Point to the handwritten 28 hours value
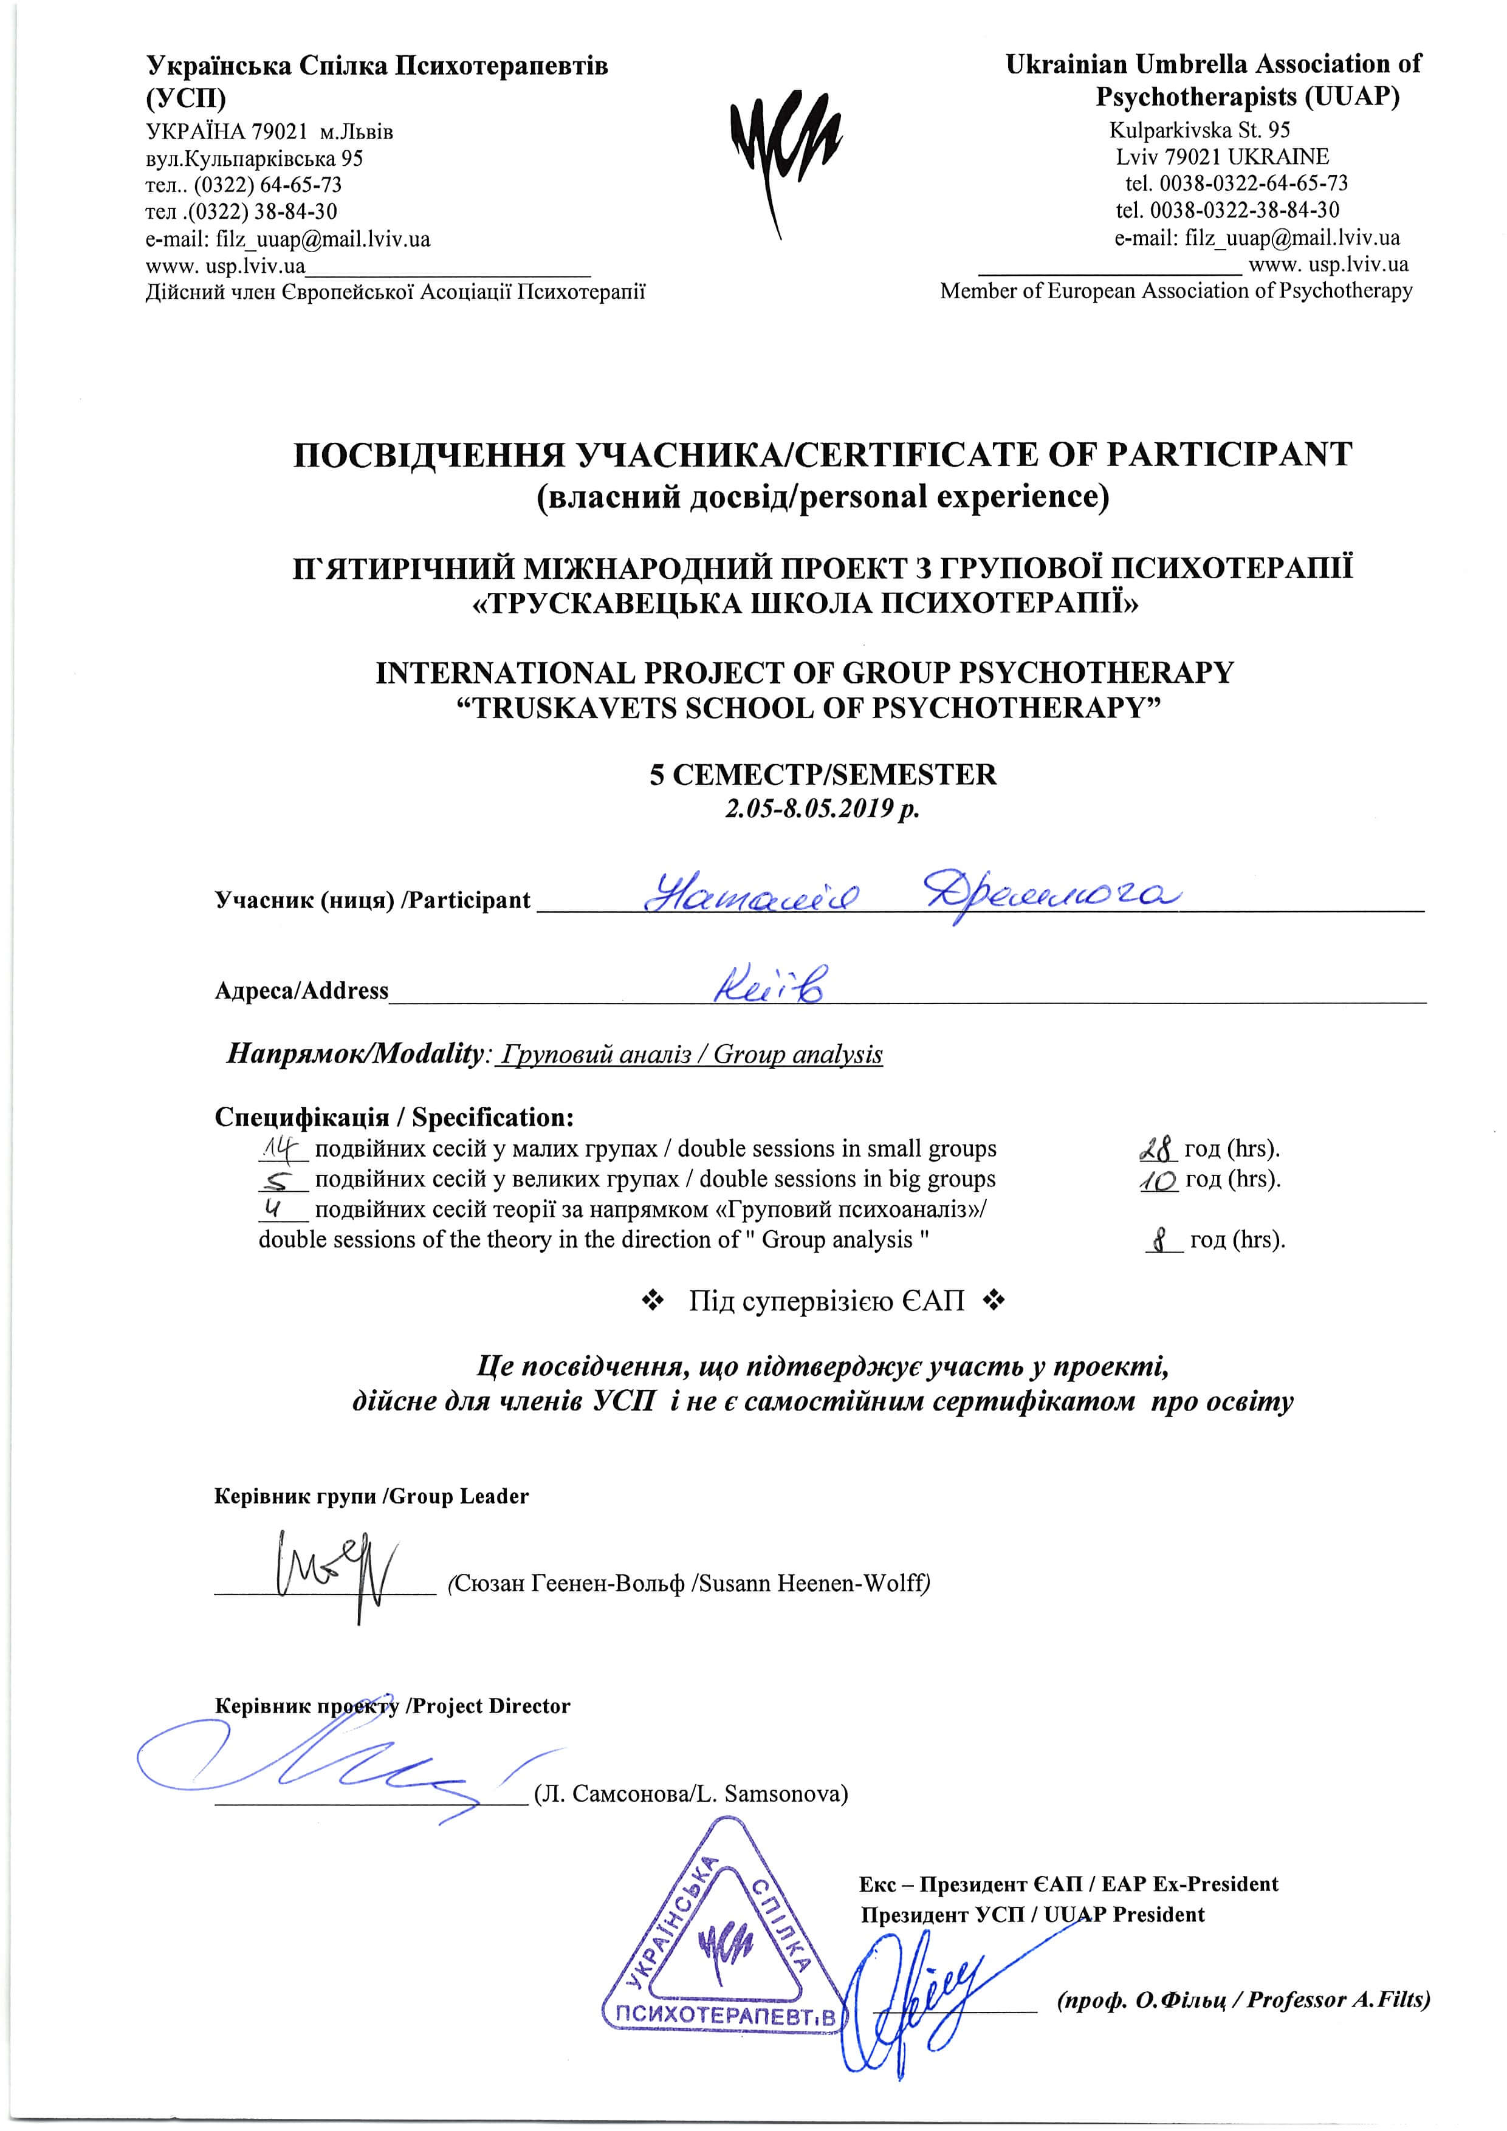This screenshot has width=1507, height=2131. [x=1157, y=1150]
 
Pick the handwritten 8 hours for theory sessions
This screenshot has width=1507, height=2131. [x=1161, y=1240]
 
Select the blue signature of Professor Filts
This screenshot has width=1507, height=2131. [x=919, y=1996]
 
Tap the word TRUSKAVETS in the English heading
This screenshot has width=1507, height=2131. [x=574, y=708]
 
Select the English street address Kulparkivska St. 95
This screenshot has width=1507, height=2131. [x=1200, y=130]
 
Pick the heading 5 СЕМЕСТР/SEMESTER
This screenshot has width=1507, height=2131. [x=823, y=774]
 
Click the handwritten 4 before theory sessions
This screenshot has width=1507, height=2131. [x=273, y=1208]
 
